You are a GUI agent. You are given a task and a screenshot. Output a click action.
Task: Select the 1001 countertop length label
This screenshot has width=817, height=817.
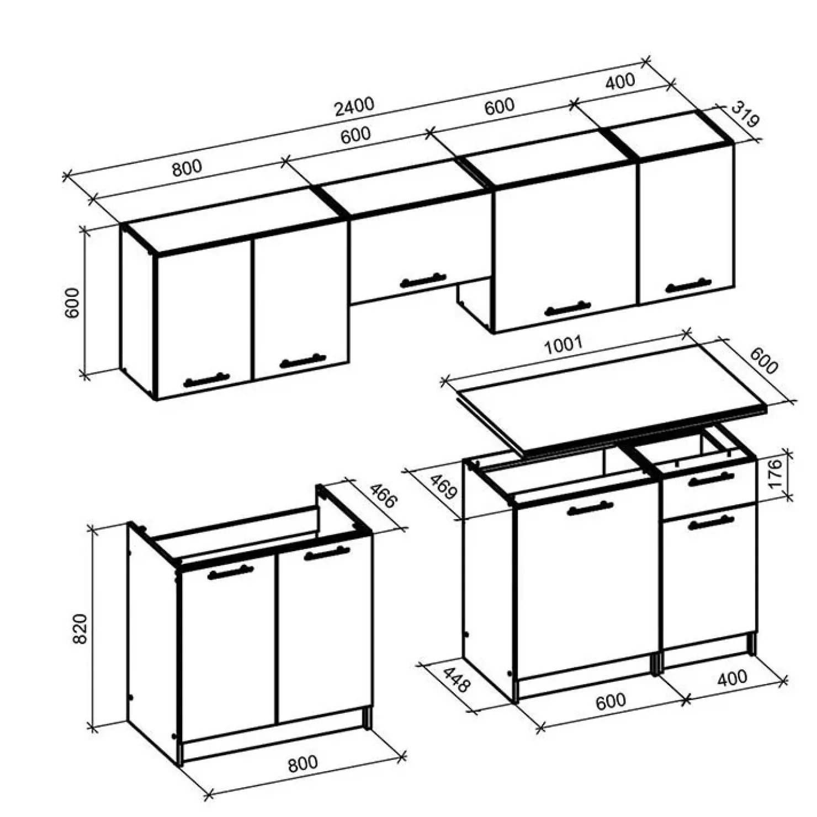point(563,346)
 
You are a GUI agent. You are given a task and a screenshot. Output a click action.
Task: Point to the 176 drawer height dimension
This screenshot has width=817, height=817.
point(775,473)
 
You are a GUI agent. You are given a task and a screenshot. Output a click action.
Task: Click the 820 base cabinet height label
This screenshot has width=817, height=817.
point(80,628)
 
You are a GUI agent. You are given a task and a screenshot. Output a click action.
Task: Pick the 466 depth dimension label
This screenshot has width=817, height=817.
point(383,495)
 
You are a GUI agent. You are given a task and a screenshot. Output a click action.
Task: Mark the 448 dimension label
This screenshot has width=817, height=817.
point(456,680)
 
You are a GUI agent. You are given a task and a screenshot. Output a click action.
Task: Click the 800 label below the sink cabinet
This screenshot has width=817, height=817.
point(303,763)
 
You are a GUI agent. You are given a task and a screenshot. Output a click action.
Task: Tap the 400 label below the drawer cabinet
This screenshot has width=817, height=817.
point(732,678)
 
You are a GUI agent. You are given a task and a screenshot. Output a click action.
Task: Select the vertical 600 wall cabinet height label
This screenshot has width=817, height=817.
point(72,303)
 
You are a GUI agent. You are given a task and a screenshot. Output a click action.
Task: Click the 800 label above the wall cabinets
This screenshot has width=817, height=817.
point(187,168)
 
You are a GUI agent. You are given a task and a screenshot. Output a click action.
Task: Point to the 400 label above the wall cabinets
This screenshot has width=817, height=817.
point(620,82)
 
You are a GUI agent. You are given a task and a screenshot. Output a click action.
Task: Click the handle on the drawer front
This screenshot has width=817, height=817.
point(711,479)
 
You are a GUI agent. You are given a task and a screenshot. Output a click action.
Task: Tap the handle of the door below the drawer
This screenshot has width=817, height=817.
point(711,522)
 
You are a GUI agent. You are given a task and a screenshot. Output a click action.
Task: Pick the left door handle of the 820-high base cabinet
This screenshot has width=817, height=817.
point(231,573)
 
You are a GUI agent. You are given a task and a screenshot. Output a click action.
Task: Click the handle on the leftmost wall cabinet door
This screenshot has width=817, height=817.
point(206,380)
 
